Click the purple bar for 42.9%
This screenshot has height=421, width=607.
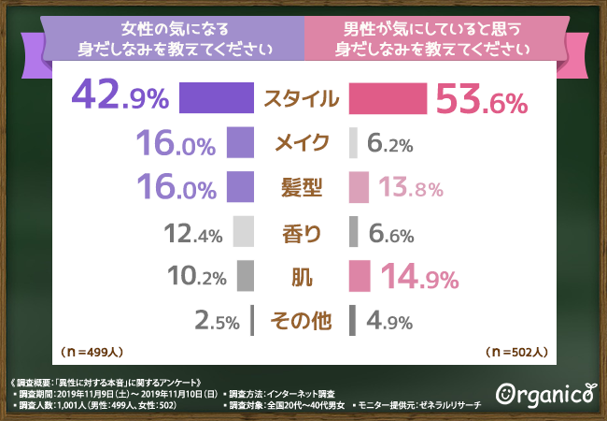pos(216,98)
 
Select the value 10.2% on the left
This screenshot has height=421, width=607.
pos(193,277)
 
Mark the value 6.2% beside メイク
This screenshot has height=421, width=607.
pos(390,144)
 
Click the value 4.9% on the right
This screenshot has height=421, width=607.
pos(390,321)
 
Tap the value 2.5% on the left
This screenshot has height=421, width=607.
pos(219,321)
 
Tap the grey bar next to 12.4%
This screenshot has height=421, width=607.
pos(244,231)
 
